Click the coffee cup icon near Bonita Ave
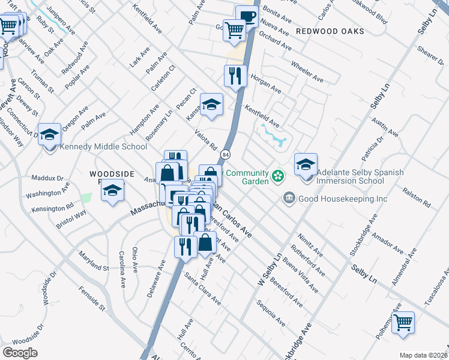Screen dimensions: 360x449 point(246,16)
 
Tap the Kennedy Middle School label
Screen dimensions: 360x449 point(103,146)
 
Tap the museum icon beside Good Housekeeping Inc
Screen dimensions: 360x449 point(289,198)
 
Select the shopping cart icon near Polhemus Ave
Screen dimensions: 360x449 point(403,322)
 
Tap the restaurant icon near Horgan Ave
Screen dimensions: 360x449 point(235,76)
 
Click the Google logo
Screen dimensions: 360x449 point(20,352)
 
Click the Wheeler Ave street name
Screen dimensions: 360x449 point(307,71)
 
